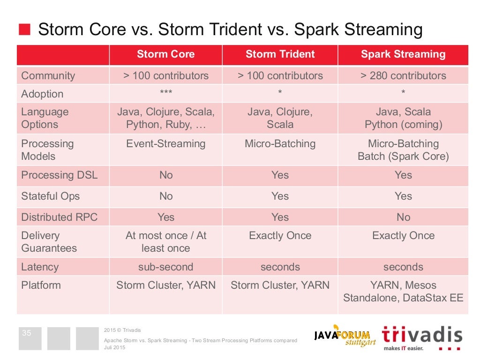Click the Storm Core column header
165,54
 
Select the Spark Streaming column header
403,54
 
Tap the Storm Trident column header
280,54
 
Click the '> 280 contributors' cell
403,75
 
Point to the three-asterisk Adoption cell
166,92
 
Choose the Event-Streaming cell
165,143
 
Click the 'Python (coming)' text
404,125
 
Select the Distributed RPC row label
59,217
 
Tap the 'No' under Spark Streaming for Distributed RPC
404,217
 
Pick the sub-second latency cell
165,267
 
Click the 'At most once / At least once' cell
165,242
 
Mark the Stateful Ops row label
51,196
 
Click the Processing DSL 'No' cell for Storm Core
166,175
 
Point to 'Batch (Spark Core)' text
403,157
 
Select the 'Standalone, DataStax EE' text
403,298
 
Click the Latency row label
40,267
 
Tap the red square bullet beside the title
24,30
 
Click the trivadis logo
422,337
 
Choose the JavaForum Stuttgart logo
345,336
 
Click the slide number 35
27,333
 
